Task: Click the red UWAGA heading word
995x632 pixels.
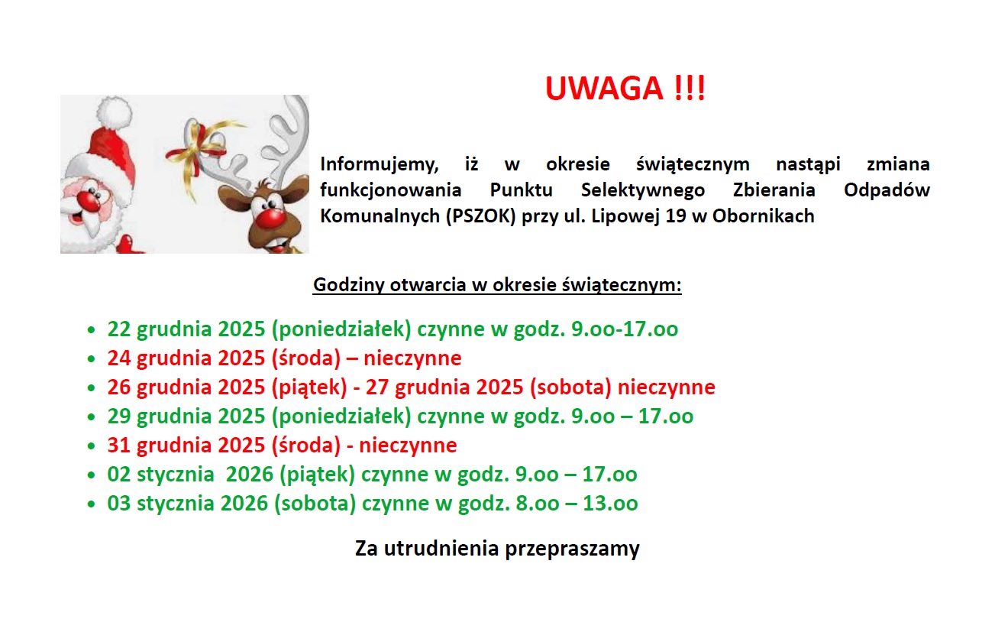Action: (x=604, y=89)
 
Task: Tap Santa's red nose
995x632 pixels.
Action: (x=89, y=200)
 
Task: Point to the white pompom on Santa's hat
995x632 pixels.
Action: (x=114, y=113)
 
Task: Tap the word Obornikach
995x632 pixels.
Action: (x=763, y=216)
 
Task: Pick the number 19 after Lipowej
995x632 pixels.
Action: (x=676, y=216)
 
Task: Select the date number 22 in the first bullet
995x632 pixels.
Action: (x=119, y=329)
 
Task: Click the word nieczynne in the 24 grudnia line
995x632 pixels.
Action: (x=412, y=358)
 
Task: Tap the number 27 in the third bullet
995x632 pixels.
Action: (x=377, y=387)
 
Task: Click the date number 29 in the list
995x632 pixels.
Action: (x=119, y=416)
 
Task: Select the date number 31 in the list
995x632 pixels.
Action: (x=119, y=446)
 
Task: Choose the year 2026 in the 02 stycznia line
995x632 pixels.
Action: (x=249, y=475)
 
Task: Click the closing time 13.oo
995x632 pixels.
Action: (x=610, y=504)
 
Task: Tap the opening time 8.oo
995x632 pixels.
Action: (x=537, y=504)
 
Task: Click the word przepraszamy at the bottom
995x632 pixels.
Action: (x=572, y=549)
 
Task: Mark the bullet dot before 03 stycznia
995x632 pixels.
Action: (x=92, y=504)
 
